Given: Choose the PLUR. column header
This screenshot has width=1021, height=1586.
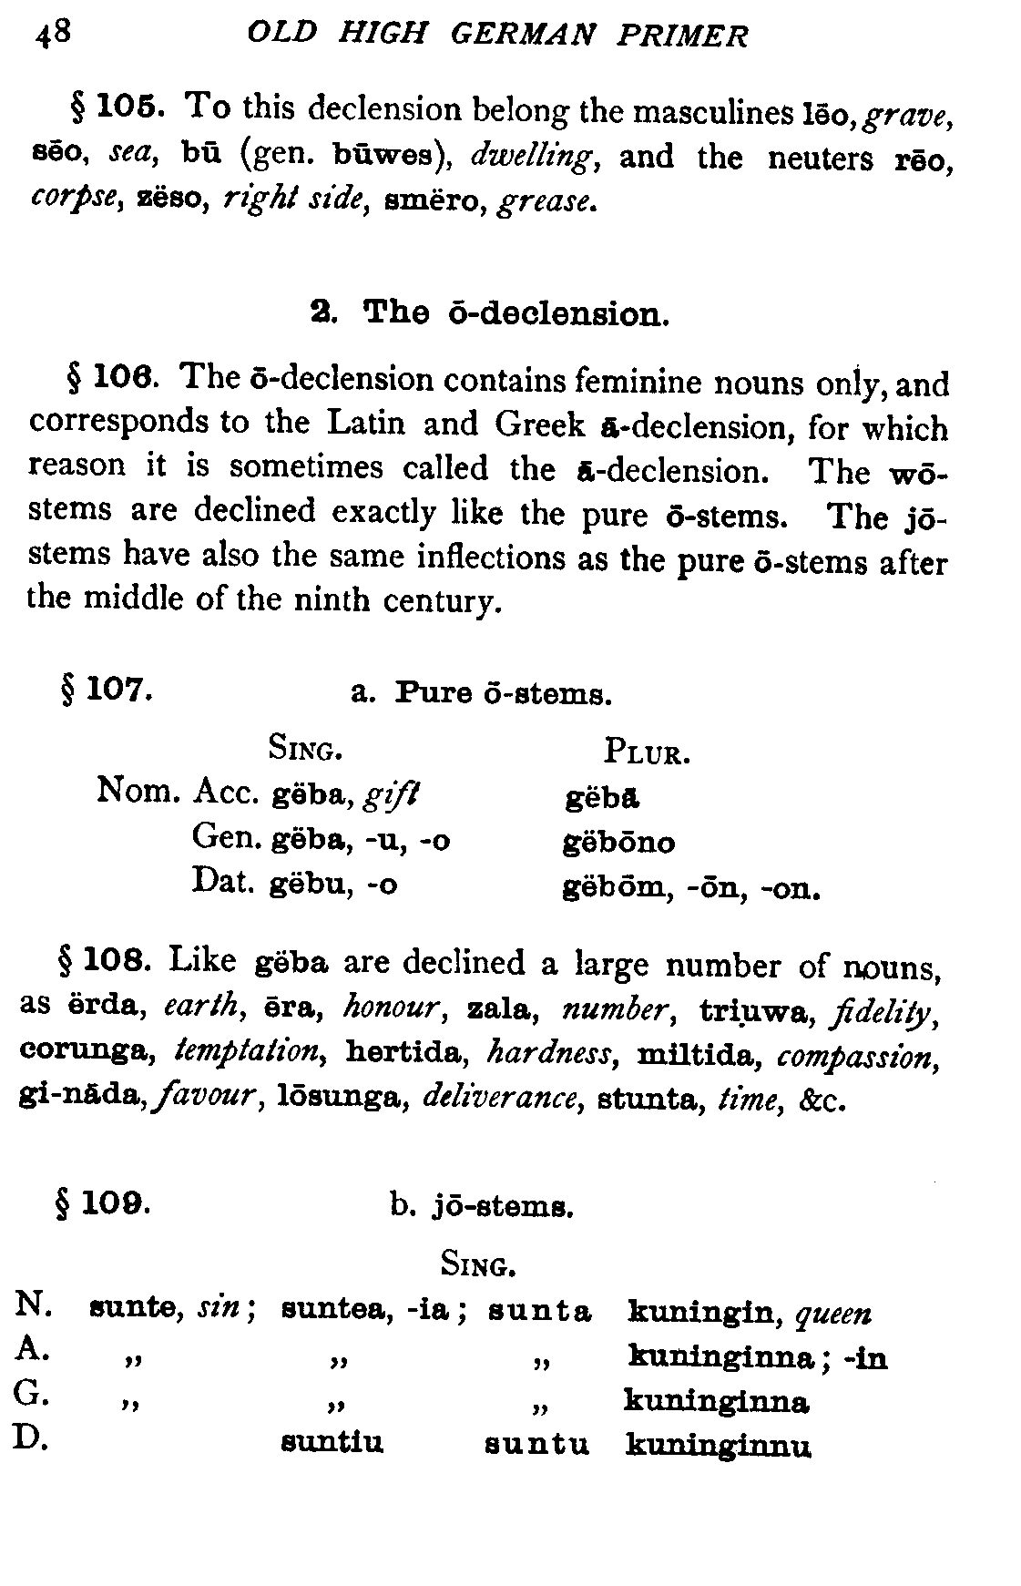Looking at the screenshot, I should pos(646,753).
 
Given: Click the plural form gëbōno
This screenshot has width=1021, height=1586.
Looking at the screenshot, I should pos(619,842).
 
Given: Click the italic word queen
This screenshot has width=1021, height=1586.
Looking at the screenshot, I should pos(832,1314).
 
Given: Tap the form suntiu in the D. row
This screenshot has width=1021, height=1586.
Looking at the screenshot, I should pos(332,1443).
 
